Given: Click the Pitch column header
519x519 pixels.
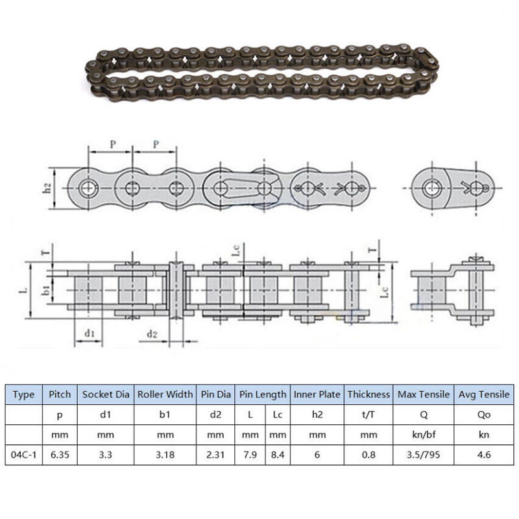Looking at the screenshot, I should (x=60, y=394).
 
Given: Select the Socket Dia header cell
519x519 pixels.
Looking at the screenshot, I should (x=105, y=394).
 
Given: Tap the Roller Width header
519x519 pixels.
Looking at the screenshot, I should (x=165, y=394).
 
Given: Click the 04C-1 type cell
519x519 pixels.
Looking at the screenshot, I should (x=23, y=455).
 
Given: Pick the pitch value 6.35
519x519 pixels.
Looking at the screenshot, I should (x=60, y=455).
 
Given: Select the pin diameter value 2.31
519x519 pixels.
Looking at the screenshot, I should (x=215, y=455).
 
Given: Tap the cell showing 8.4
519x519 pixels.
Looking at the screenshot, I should (x=278, y=455).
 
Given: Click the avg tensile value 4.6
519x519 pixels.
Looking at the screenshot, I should (x=484, y=455).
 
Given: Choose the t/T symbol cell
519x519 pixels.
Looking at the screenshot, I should (x=368, y=415).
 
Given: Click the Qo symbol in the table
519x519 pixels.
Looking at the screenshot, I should (x=484, y=415).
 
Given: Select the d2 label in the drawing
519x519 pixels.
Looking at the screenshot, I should (x=151, y=334).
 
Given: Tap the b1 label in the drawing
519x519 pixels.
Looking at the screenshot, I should (x=46, y=289).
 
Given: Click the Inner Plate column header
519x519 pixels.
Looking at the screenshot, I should (x=317, y=394).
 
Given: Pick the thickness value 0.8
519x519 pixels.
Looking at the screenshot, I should (x=368, y=455).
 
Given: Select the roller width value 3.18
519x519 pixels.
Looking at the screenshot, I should (x=165, y=455).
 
